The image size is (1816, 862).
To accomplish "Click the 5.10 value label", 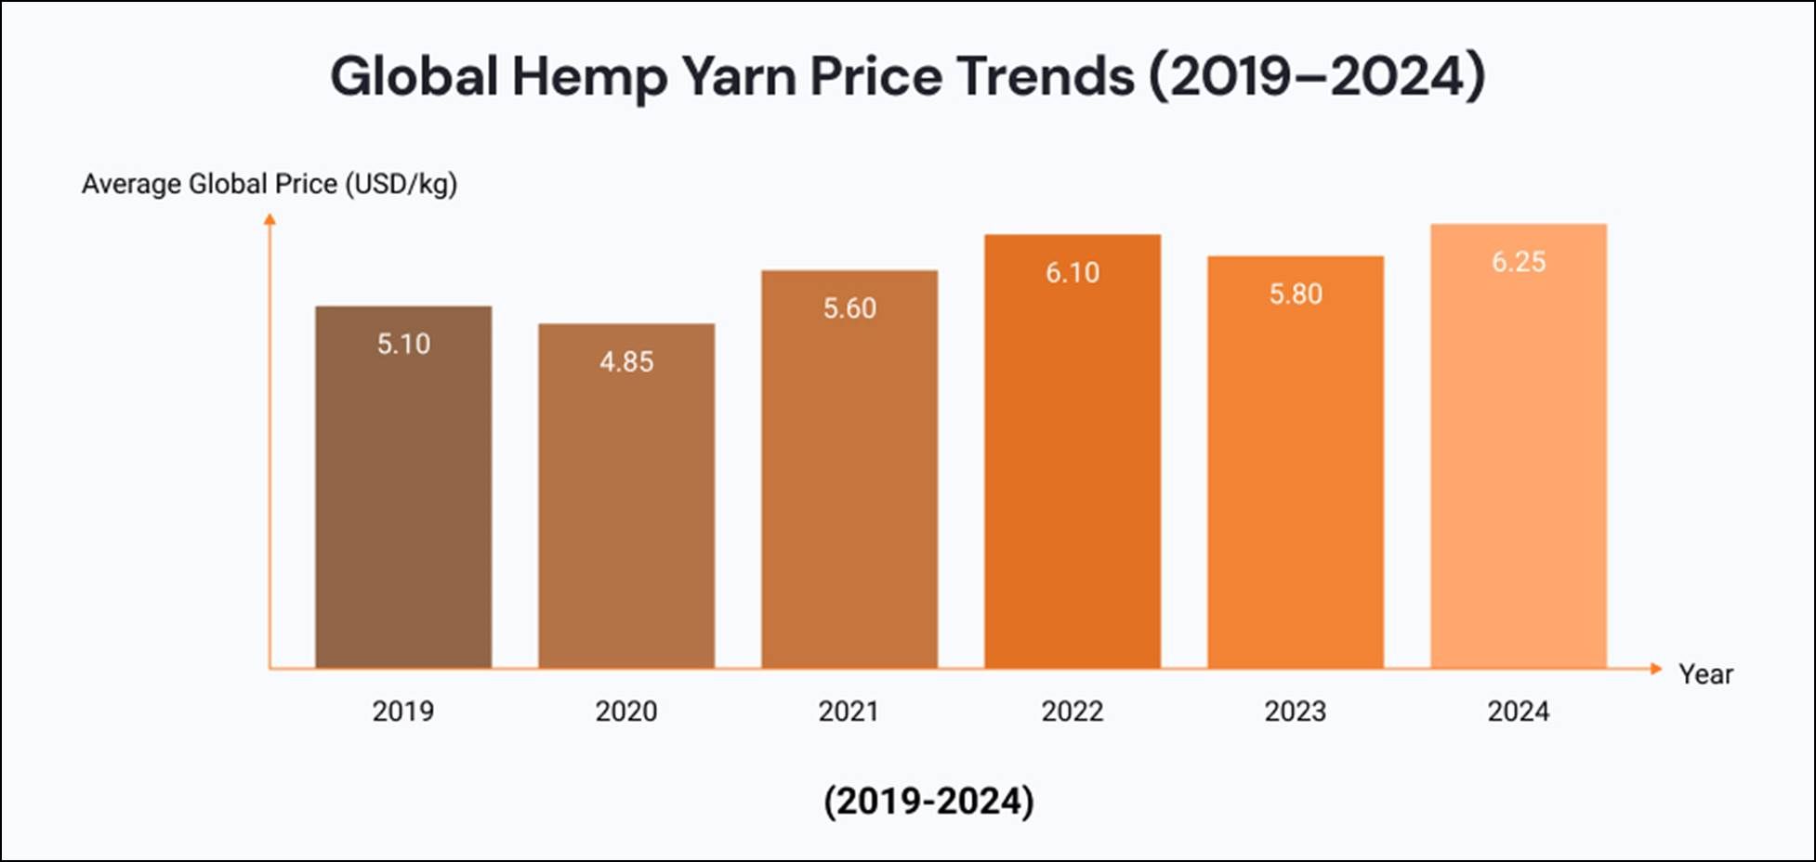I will [403, 344].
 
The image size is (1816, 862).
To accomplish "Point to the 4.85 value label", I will [626, 361].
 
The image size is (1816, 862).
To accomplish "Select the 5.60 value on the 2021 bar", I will [849, 308].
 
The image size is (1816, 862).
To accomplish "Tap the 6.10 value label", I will [1072, 272].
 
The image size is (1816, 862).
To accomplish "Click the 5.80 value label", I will [1296, 294].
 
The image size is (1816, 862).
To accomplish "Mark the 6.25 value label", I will [1519, 262].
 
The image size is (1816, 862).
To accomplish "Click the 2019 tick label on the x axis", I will [403, 712].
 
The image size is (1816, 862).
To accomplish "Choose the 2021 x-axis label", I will [849, 712].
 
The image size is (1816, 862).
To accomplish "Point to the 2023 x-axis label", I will [1296, 712].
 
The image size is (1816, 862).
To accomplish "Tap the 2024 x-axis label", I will [1519, 712].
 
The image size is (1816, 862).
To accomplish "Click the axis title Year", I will [1705, 674].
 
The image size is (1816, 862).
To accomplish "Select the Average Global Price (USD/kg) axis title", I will [270, 184].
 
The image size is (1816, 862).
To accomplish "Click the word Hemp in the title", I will [589, 77].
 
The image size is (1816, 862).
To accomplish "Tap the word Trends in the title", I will [1045, 75].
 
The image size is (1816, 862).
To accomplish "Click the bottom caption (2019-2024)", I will [928, 801].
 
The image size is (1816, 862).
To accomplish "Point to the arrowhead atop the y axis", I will [270, 219].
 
